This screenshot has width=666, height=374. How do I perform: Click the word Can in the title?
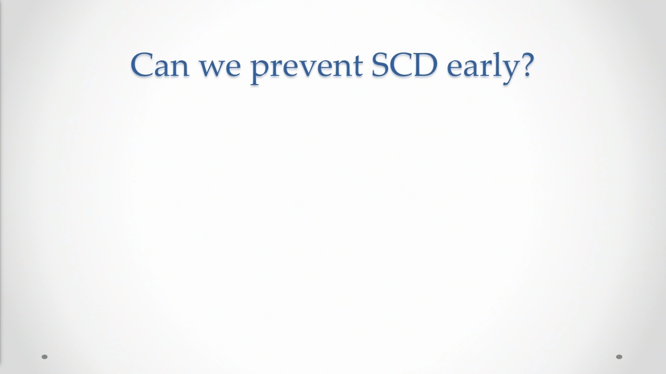pos(160,65)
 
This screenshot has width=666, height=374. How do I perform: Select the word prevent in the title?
pos(306,69)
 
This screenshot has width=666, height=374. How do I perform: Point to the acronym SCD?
pos(405,65)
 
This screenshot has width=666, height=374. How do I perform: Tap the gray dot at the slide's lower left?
pos(45,357)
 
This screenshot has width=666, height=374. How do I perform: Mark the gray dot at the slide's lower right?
pos(619,357)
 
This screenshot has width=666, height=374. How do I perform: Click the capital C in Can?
pos(142,65)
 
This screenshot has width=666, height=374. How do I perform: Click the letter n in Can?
pos(180,68)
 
